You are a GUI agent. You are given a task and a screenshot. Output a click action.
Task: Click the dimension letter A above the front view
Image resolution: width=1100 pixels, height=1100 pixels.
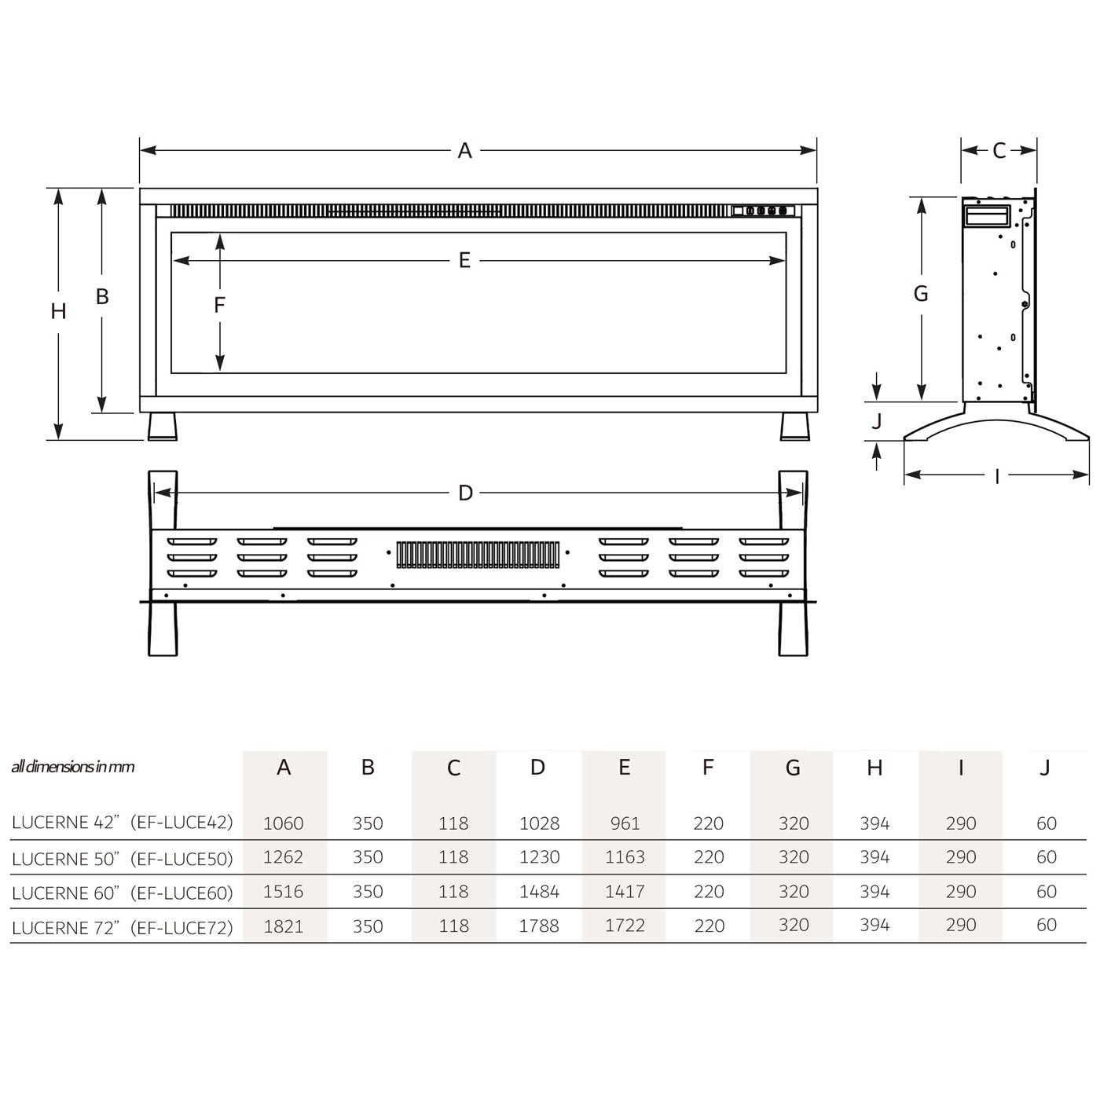[x=464, y=151]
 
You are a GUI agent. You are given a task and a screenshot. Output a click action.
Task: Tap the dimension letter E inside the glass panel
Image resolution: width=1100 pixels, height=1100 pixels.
[x=464, y=260]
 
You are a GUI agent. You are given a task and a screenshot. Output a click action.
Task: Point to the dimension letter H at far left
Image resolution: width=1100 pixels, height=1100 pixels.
[x=58, y=311]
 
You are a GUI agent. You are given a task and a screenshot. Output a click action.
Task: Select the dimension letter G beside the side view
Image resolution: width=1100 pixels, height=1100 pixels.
[x=921, y=293]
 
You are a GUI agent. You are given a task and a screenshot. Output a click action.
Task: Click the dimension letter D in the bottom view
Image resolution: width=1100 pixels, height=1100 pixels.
[x=465, y=493]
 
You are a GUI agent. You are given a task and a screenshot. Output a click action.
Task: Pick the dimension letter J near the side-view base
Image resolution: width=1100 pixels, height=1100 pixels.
[x=877, y=421]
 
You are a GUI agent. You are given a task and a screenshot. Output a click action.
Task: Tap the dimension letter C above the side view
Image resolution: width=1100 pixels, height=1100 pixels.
[x=999, y=151]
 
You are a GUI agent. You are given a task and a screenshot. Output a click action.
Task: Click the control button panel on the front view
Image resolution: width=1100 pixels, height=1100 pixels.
[x=763, y=211]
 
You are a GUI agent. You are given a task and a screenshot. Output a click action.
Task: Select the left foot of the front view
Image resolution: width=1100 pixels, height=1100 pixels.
[x=163, y=427]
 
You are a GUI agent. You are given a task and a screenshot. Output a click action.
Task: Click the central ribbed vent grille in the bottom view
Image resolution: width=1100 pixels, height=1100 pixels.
[x=478, y=554]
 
